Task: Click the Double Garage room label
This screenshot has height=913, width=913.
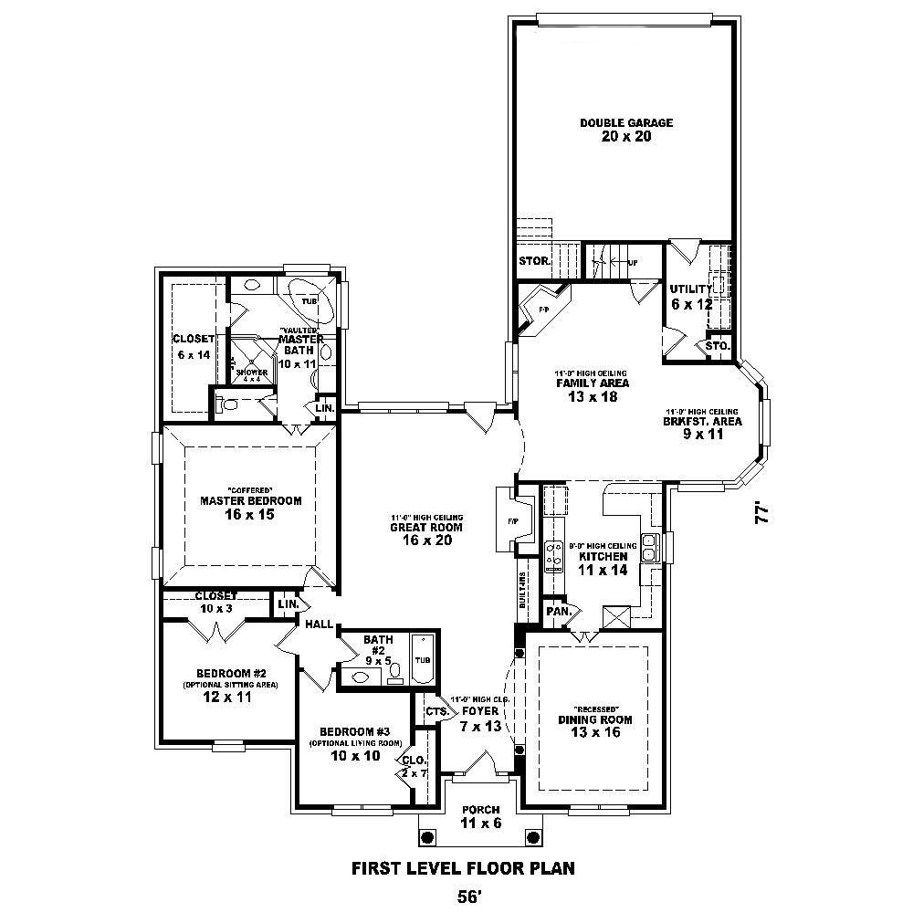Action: click(x=626, y=122)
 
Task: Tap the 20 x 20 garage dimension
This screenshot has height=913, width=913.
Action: click(x=626, y=137)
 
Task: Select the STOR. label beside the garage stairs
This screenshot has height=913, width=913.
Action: click(x=534, y=260)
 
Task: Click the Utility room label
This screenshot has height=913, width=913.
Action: click(x=690, y=289)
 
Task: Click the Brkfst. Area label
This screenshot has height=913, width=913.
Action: click(x=703, y=422)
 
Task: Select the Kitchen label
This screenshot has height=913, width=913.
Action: click(x=603, y=556)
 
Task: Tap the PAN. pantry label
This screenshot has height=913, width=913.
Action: click(x=557, y=611)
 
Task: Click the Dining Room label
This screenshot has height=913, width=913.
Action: click(x=595, y=719)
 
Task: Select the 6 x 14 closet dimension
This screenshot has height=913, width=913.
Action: click(x=193, y=354)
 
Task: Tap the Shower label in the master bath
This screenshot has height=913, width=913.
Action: click(x=251, y=372)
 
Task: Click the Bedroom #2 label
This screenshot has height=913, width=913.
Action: click(x=217, y=674)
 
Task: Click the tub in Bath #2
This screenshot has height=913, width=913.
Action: click(x=423, y=659)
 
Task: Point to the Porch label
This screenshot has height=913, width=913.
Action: click(x=479, y=810)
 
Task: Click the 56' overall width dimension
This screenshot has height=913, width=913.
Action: click(x=467, y=897)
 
